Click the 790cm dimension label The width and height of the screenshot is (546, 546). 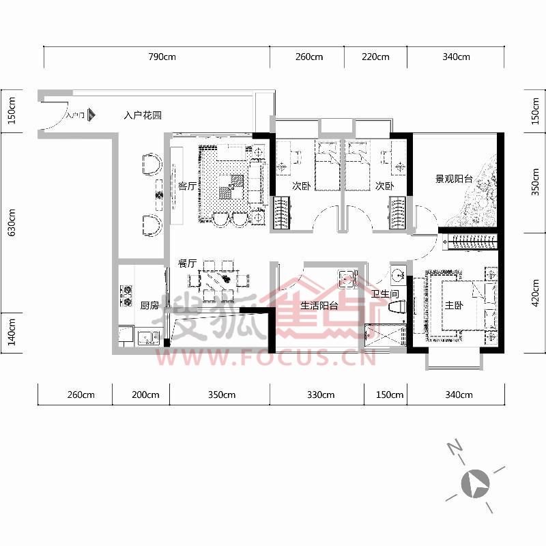click(162, 57)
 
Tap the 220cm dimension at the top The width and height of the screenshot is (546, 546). click(375, 57)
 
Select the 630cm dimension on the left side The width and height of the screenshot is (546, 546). click(12, 222)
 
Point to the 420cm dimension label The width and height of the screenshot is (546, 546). click(536, 293)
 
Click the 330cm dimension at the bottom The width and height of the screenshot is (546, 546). click(321, 395)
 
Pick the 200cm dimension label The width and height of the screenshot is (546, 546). click(145, 395)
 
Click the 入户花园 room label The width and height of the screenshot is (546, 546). click(143, 115)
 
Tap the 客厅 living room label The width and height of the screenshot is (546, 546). click(187, 186)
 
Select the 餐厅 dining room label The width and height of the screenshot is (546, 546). click(187, 263)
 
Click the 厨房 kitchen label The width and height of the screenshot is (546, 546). click(149, 305)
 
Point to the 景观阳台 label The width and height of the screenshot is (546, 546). click(454, 179)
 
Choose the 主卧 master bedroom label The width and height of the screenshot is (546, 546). click(454, 305)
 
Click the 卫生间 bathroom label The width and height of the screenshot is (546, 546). click(385, 294)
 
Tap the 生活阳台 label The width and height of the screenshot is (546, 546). click(319, 306)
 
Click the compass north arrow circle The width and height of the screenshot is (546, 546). click(475, 484)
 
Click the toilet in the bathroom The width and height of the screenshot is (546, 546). click(397, 307)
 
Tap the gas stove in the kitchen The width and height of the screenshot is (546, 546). click(126, 296)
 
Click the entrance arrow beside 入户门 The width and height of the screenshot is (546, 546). click(91, 115)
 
